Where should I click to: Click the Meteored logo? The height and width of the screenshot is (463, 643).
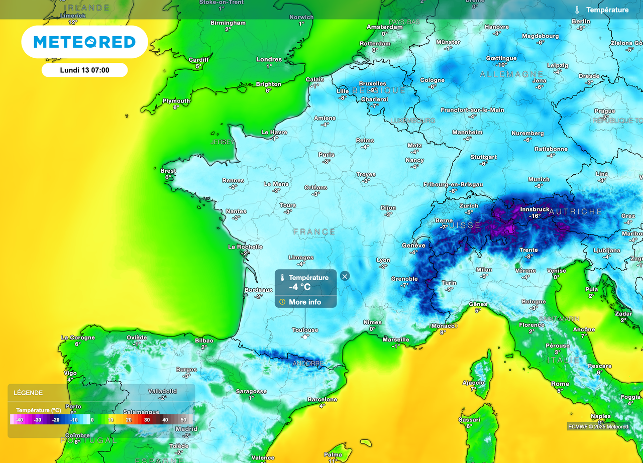(x=84, y=42)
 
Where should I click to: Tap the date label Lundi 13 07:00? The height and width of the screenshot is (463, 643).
(x=84, y=70)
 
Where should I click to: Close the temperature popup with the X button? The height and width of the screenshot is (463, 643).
(x=345, y=276)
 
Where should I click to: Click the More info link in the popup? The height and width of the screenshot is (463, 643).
(x=305, y=302)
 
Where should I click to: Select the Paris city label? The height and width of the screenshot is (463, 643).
(x=327, y=155)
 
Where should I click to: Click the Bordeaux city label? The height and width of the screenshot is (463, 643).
(x=258, y=290)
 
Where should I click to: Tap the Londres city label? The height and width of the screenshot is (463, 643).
(x=269, y=59)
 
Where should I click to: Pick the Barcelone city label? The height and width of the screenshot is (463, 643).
(x=323, y=400)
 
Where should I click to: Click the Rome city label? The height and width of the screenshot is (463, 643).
(x=560, y=384)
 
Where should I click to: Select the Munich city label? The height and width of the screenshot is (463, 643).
(x=539, y=179)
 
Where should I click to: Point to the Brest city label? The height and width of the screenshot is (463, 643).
(x=168, y=171)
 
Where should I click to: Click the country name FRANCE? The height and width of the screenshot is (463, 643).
(x=314, y=232)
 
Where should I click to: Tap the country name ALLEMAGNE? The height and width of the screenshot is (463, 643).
(x=511, y=74)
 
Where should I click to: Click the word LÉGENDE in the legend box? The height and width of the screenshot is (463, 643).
(x=28, y=393)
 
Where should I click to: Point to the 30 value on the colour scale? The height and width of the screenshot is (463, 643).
(x=147, y=419)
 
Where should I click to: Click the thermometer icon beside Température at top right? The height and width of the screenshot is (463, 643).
(x=578, y=10)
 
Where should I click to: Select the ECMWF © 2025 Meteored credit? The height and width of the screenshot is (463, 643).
(x=598, y=427)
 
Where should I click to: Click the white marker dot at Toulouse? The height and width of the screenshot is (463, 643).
(x=305, y=336)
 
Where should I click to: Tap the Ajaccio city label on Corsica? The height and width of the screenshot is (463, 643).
(x=473, y=383)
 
